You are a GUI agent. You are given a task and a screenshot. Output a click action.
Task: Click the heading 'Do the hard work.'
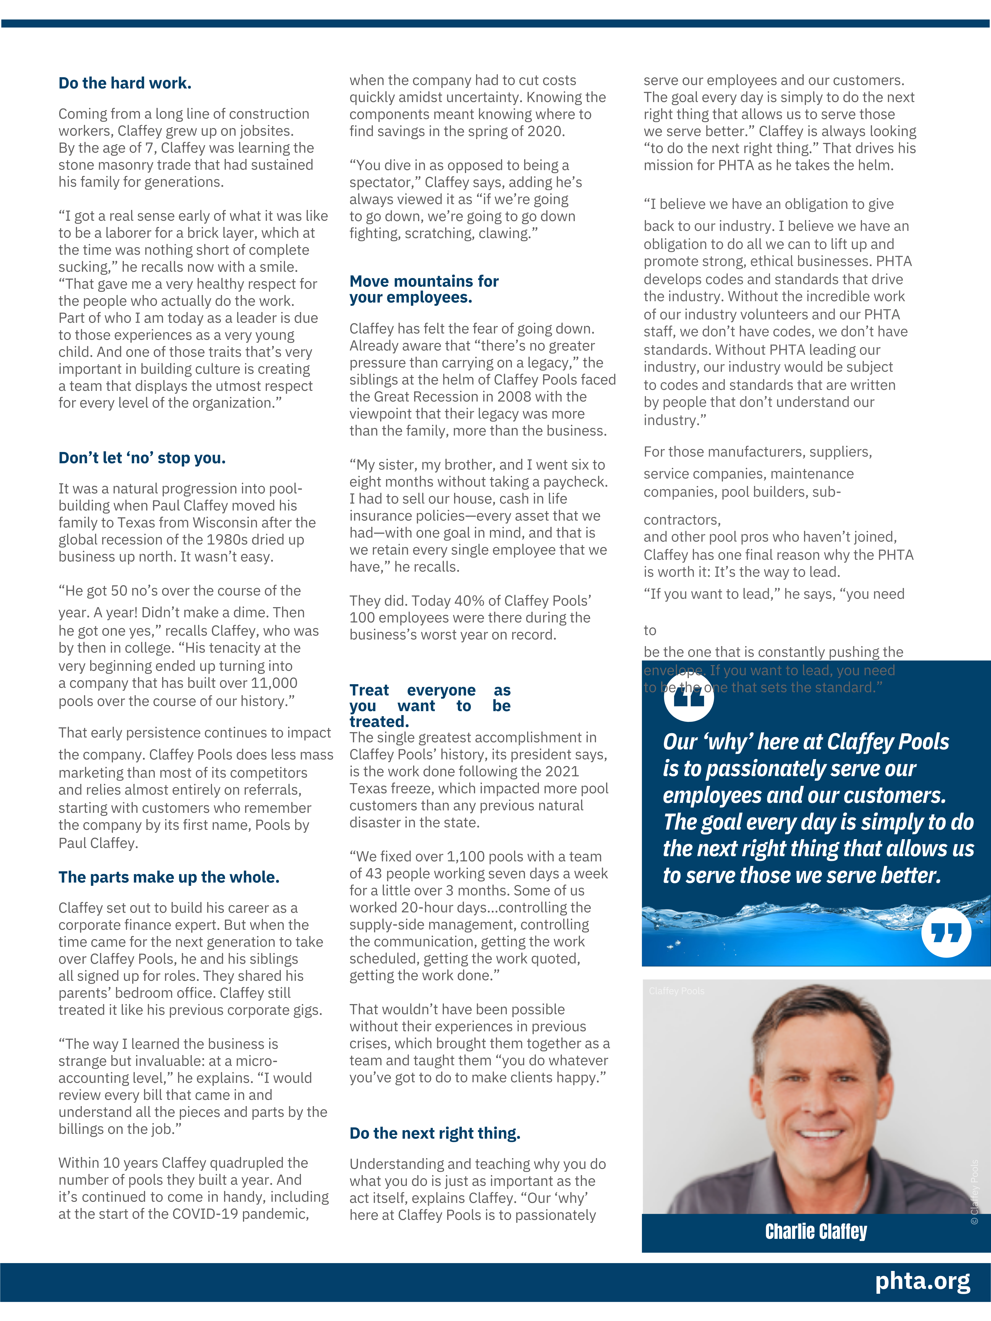[x=125, y=83]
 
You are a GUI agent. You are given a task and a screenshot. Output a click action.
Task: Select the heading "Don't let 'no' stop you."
[x=142, y=458]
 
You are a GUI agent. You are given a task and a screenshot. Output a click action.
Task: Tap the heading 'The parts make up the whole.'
[x=169, y=877]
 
